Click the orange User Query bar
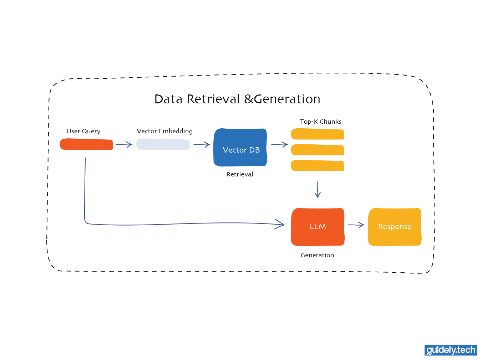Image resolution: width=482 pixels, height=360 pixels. click(86, 144)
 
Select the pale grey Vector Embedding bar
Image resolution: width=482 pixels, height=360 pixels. click(163, 144)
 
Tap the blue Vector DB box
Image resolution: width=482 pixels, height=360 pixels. click(240, 148)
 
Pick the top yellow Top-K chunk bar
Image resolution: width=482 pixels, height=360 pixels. click(317, 134)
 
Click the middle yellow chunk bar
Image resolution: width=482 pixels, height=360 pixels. click(317, 150)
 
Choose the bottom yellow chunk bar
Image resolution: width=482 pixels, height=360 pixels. click(317, 165)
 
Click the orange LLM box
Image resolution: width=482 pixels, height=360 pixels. click(318, 227)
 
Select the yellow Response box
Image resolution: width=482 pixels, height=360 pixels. click(395, 227)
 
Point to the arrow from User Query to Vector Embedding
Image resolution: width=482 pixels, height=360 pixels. click(124, 145)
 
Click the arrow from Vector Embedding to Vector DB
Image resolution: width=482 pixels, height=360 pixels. click(202, 145)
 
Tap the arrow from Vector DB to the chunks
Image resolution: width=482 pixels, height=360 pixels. click(279, 145)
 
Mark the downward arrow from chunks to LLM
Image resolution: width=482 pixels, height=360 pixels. click(318, 190)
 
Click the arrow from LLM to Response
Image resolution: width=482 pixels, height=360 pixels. click(356, 225)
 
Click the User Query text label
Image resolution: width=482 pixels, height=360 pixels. click(83, 131)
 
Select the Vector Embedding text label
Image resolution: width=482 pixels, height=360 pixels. click(164, 131)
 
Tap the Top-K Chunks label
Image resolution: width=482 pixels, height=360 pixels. click(320, 122)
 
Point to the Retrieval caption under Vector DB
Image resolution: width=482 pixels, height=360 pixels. click(240, 174)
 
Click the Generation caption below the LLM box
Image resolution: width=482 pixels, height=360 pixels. click(317, 255)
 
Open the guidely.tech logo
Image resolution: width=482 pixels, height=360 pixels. click(451, 350)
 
